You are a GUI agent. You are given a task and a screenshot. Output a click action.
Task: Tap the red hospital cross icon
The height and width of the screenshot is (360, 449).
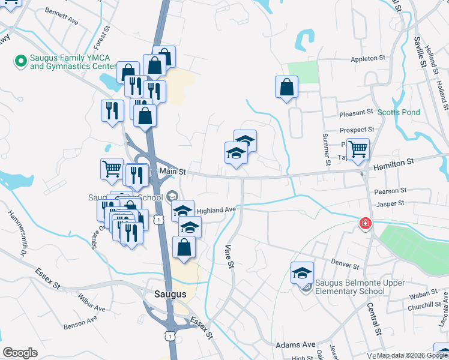pos(364,224)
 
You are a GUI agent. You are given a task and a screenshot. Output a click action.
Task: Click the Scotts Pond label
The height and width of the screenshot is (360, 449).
pos(399,112)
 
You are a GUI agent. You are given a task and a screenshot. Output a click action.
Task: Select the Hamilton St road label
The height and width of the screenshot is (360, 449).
pos(394,162)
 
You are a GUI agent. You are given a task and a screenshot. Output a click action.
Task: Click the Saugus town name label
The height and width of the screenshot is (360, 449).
pos(170,294)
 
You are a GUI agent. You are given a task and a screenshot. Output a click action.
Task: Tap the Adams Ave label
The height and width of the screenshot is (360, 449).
pos(295,345)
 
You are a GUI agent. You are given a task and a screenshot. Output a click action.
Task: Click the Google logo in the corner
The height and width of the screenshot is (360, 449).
pos(20,353)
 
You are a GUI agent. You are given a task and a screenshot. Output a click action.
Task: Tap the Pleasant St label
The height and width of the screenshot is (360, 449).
pos(356,113)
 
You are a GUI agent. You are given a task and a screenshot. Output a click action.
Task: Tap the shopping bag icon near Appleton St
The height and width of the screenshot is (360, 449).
pos(287,87)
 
